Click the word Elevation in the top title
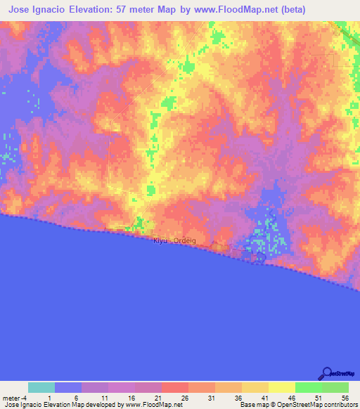(x=96, y=10)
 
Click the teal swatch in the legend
(x=41, y=387)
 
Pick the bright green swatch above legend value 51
(x=308, y=387)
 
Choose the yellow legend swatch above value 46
(x=281, y=387)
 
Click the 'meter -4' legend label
(x=15, y=397)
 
